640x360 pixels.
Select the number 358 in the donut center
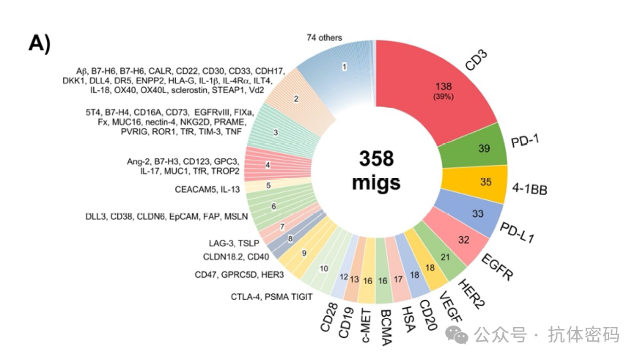pyautogui.click(x=377, y=158)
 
